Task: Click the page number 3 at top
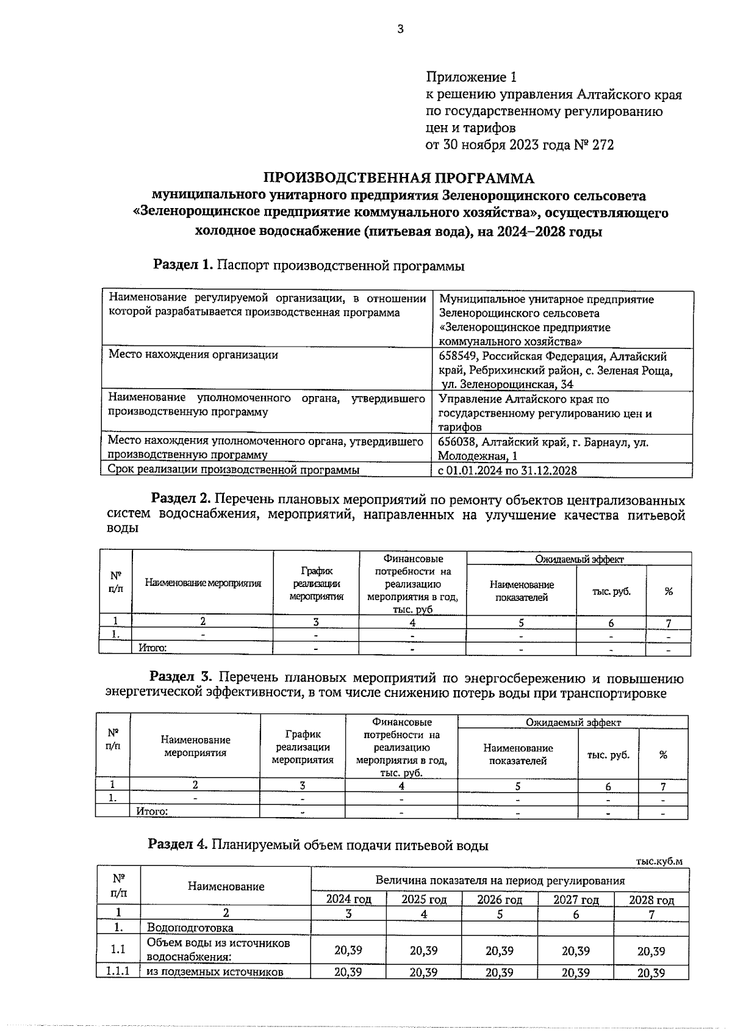coord(400,29)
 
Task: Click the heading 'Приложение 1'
coord(471,78)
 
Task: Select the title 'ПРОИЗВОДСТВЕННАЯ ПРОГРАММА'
coord(398,178)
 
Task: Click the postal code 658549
coord(459,356)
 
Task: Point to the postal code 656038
coord(459,442)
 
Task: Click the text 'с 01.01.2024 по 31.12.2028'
coord(508,470)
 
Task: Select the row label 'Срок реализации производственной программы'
coord(233,469)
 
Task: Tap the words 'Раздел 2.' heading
coord(181,500)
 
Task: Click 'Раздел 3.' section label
coord(181,677)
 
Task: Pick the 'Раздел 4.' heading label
coord(178,845)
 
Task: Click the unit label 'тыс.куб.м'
coord(659,861)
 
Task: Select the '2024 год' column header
coord(348,900)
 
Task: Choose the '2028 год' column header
coord(651,900)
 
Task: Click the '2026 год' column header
coord(499,900)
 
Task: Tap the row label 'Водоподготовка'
coord(190,928)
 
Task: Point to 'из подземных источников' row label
coord(215,972)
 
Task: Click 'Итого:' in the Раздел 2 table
coord(152,648)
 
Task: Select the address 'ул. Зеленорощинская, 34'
coord(507,384)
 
